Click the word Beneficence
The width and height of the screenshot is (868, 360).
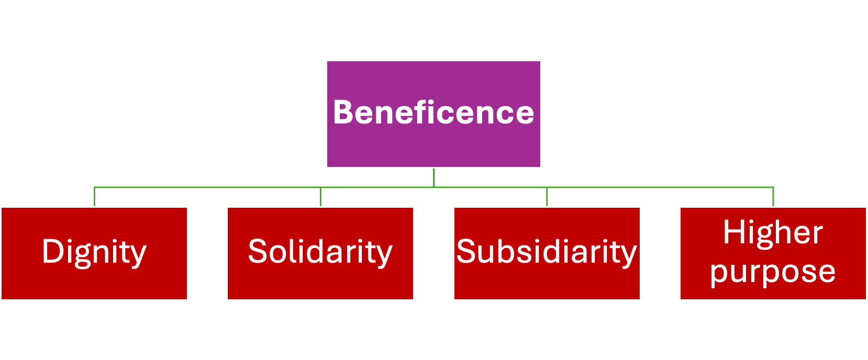pos(433,113)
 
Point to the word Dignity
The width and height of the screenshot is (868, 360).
pos(94,252)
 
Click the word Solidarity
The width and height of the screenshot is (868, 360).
pos(320,252)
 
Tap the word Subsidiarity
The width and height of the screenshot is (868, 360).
pos(547,252)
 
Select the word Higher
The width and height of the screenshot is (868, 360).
pos(773,232)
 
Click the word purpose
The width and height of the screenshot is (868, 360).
pos(773,272)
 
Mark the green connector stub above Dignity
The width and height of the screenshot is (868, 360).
pos(94,197)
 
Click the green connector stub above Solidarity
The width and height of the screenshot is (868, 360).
pos(320,197)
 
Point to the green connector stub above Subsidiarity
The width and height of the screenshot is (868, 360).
pos(547,197)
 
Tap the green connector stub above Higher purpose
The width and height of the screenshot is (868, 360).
pos(773,197)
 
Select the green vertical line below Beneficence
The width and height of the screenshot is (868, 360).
pos(433,177)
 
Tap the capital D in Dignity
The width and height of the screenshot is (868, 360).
pos(52,252)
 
